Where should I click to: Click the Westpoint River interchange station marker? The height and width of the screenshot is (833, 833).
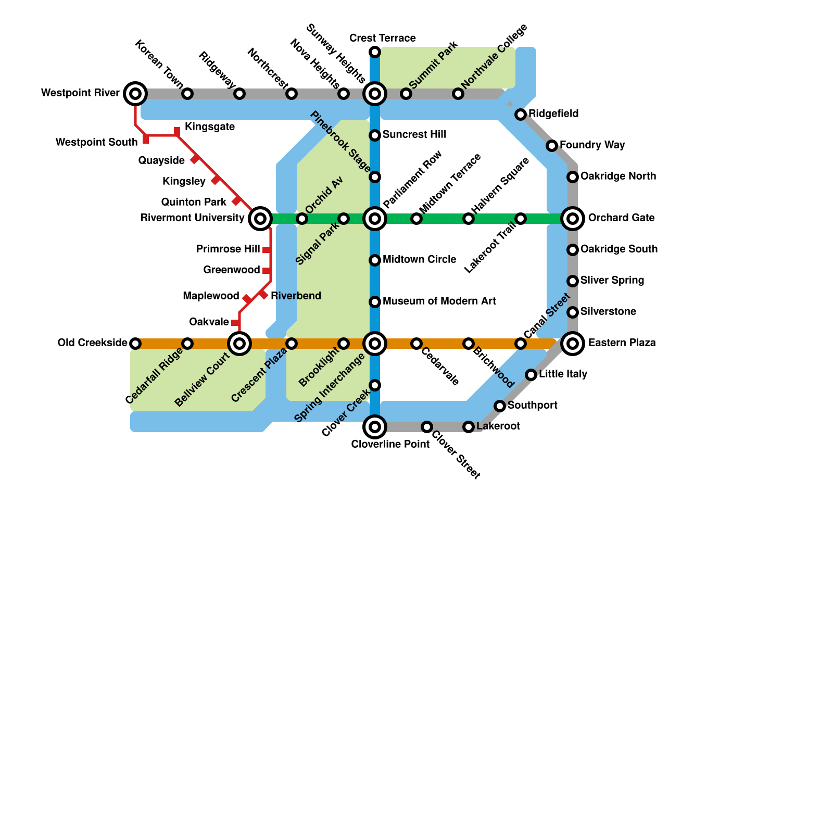[135, 94]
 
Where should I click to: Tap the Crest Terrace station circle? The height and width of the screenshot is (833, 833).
[375, 52]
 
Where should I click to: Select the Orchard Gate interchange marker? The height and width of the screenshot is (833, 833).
[573, 219]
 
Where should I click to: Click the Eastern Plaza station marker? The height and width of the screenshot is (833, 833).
[573, 344]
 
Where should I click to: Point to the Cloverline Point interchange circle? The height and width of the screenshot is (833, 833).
[375, 427]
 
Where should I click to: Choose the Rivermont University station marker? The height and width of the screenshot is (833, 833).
[260, 219]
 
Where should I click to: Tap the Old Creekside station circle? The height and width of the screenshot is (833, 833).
[135, 344]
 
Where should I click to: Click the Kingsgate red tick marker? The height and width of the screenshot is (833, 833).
[177, 131]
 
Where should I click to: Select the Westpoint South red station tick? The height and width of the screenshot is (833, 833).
[146, 140]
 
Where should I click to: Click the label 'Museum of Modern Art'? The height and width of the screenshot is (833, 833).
[439, 301]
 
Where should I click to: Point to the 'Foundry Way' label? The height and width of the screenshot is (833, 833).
[592, 145]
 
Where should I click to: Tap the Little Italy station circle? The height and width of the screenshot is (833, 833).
[531, 375]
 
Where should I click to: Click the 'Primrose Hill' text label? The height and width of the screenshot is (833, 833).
[228, 249]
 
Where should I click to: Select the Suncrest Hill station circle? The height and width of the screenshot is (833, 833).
[375, 135]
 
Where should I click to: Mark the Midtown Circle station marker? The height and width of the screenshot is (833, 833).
[375, 260]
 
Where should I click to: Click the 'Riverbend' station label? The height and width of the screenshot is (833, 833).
[296, 296]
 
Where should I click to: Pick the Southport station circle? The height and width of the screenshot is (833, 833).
[500, 406]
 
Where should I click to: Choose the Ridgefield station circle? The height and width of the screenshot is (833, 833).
[521, 115]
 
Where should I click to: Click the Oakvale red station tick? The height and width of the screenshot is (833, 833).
[235, 323]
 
